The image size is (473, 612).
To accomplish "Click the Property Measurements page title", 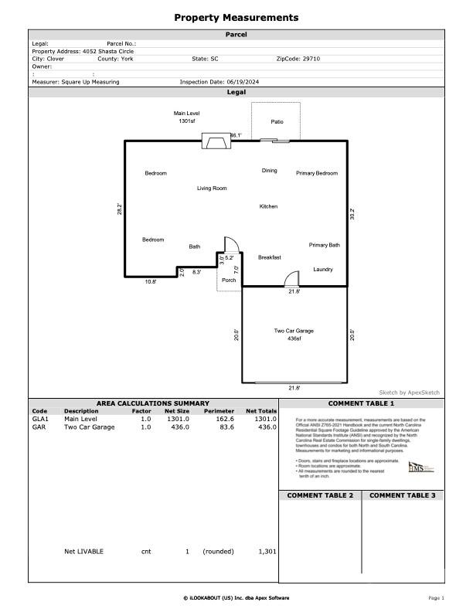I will coord(236,18).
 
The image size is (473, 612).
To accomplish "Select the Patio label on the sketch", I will coord(277,122).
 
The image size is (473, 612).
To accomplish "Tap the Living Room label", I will coord(212,189).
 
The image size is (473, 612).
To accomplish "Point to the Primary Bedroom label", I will coord(317,173).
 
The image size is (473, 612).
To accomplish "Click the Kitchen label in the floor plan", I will coord(268,206).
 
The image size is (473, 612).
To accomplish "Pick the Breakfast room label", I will coord(270,257).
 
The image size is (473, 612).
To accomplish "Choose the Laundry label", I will coord(323,269).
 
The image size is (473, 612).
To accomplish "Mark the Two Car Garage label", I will coord(294,331).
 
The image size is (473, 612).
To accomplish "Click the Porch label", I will coord(229,280).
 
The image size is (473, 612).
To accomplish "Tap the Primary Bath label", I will coord(324,245).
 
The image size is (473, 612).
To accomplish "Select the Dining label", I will coord(269,171).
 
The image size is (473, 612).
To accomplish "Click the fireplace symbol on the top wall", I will coord(215,141).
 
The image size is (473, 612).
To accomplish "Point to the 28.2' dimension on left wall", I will coord(120,209).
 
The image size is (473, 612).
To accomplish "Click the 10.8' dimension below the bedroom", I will coord(151,282).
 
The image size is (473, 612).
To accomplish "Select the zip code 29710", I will coord(310,59).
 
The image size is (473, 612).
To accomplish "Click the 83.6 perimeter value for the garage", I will coord(225,427).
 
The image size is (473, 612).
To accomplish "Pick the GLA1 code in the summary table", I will coord(40,419).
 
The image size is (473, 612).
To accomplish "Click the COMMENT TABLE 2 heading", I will coord(320,495).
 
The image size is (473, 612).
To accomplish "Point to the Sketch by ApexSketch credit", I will coord(409,393).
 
